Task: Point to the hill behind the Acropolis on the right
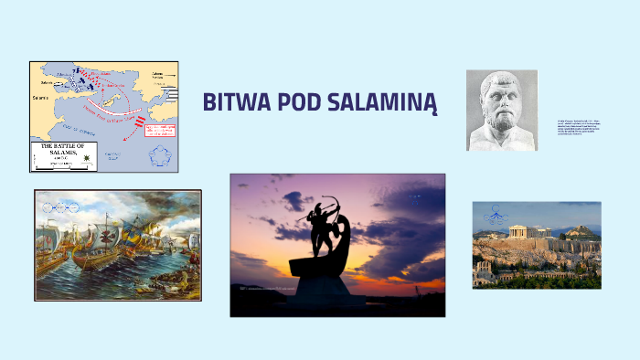[x=580, y=232]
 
